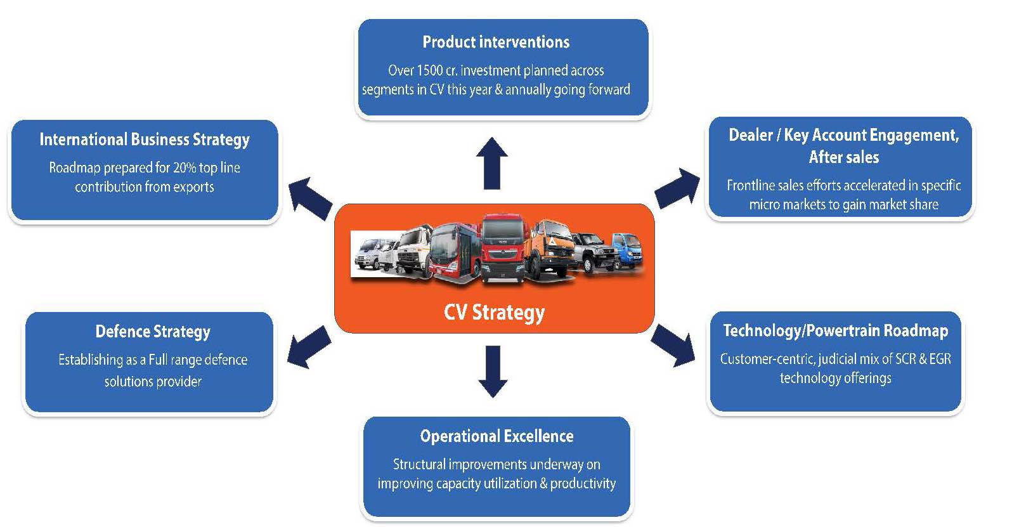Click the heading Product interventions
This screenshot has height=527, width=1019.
click(x=496, y=42)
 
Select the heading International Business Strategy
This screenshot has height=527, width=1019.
click(x=145, y=140)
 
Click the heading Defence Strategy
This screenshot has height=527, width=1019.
click(x=153, y=332)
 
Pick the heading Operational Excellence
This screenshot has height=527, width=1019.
click(x=497, y=436)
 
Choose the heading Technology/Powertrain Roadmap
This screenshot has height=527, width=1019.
click(x=836, y=331)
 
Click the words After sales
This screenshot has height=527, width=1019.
click(x=843, y=157)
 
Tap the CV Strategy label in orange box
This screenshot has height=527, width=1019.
click(x=494, y=313)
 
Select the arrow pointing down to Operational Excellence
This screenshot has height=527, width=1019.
click(x=493, y=372)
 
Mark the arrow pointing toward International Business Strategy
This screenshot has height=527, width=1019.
click(x=310, y=197)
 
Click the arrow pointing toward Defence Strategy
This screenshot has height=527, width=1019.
click(x=309, y=347)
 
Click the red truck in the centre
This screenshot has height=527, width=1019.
click(x=503, y=247)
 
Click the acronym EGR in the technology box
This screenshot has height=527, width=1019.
click(x=939, y=359)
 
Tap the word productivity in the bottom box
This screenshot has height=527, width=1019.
click(x=583, y=484)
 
